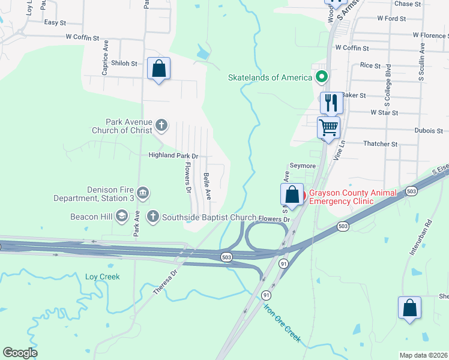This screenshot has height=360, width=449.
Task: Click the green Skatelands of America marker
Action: pos(322,77)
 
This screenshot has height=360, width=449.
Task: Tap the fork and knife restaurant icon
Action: pos(331,103)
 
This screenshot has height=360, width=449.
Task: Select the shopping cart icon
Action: pos(328,127)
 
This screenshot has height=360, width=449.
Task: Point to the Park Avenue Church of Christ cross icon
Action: pos(161,125)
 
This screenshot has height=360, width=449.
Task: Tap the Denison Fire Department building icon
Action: pos(143,193)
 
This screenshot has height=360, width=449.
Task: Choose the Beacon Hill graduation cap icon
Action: pos(122,216)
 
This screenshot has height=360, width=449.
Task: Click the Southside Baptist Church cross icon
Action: pos(153,216)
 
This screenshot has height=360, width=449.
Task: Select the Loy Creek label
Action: pos(103,277)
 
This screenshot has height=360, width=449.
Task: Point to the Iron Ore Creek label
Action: pos(282,323)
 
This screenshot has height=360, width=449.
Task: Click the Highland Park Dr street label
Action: pos(173,155)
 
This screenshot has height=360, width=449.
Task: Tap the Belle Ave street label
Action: pos(207,186)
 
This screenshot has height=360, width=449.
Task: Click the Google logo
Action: pos(20,353)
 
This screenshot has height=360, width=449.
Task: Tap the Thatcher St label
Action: pos(381,144)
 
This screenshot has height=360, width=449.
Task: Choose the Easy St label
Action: pos(55,22)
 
